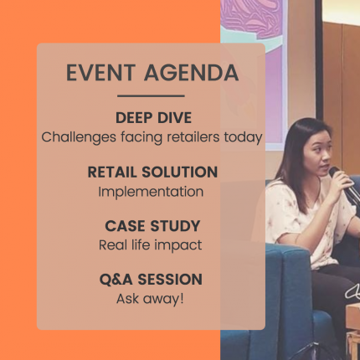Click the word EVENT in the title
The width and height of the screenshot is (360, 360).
pyautogui.click(x=101, y=73)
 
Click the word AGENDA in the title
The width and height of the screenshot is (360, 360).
pyautogui.click(x=192, y=73)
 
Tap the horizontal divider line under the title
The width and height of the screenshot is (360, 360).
pyautogui.click(x=151, y=96)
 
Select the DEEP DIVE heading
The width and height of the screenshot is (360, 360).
pyautogui.click(x=153, y=117)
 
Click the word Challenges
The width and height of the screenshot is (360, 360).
pyautogui.click(x=79, y=137)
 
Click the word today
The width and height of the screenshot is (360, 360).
pyautogui.click(x=243, y=137)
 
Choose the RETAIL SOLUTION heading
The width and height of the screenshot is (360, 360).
pyautogui.click(x=152, y=172)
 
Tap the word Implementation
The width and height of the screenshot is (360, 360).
pyautogui.click(x=151, y=192)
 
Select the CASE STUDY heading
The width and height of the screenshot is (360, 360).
pyautogui.click(x=152, y=226)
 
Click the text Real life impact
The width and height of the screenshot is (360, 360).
pyautogui.click(x=151, y=245)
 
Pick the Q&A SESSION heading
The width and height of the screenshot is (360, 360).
pyautogui.click(x=151, y=280)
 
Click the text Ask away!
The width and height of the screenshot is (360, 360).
pyautogui.click(x=150, y=299)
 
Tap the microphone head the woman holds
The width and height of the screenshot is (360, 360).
pyautogui.click(x=334, y=172)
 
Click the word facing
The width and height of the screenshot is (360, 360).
pyautogui.click(x=141, y=137)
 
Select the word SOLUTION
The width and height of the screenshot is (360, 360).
pyautogui.click(x=180, y=172)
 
